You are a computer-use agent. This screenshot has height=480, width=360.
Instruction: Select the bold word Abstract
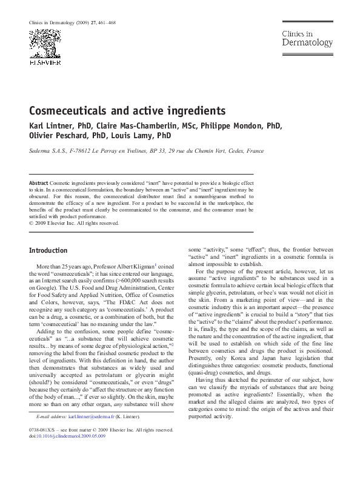click(x=39, y=182)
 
